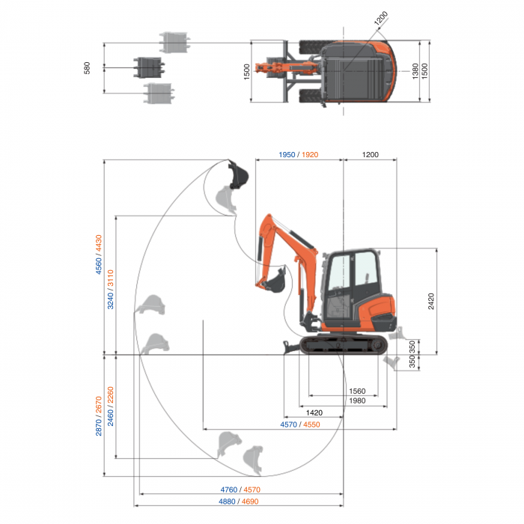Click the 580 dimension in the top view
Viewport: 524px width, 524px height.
point(88,68)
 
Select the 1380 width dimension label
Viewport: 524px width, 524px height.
point(415,70)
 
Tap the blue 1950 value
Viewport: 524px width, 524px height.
point(286,155)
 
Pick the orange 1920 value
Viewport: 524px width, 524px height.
point(310,155)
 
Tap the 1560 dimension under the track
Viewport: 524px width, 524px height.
point(358,392)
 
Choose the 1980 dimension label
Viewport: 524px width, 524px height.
point(358,401)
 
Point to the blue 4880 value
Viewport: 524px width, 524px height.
point(230,501)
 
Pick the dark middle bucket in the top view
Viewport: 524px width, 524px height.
point(148,67)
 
